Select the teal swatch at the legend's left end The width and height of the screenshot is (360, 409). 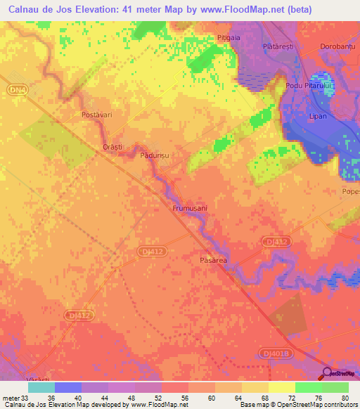point(41,387)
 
